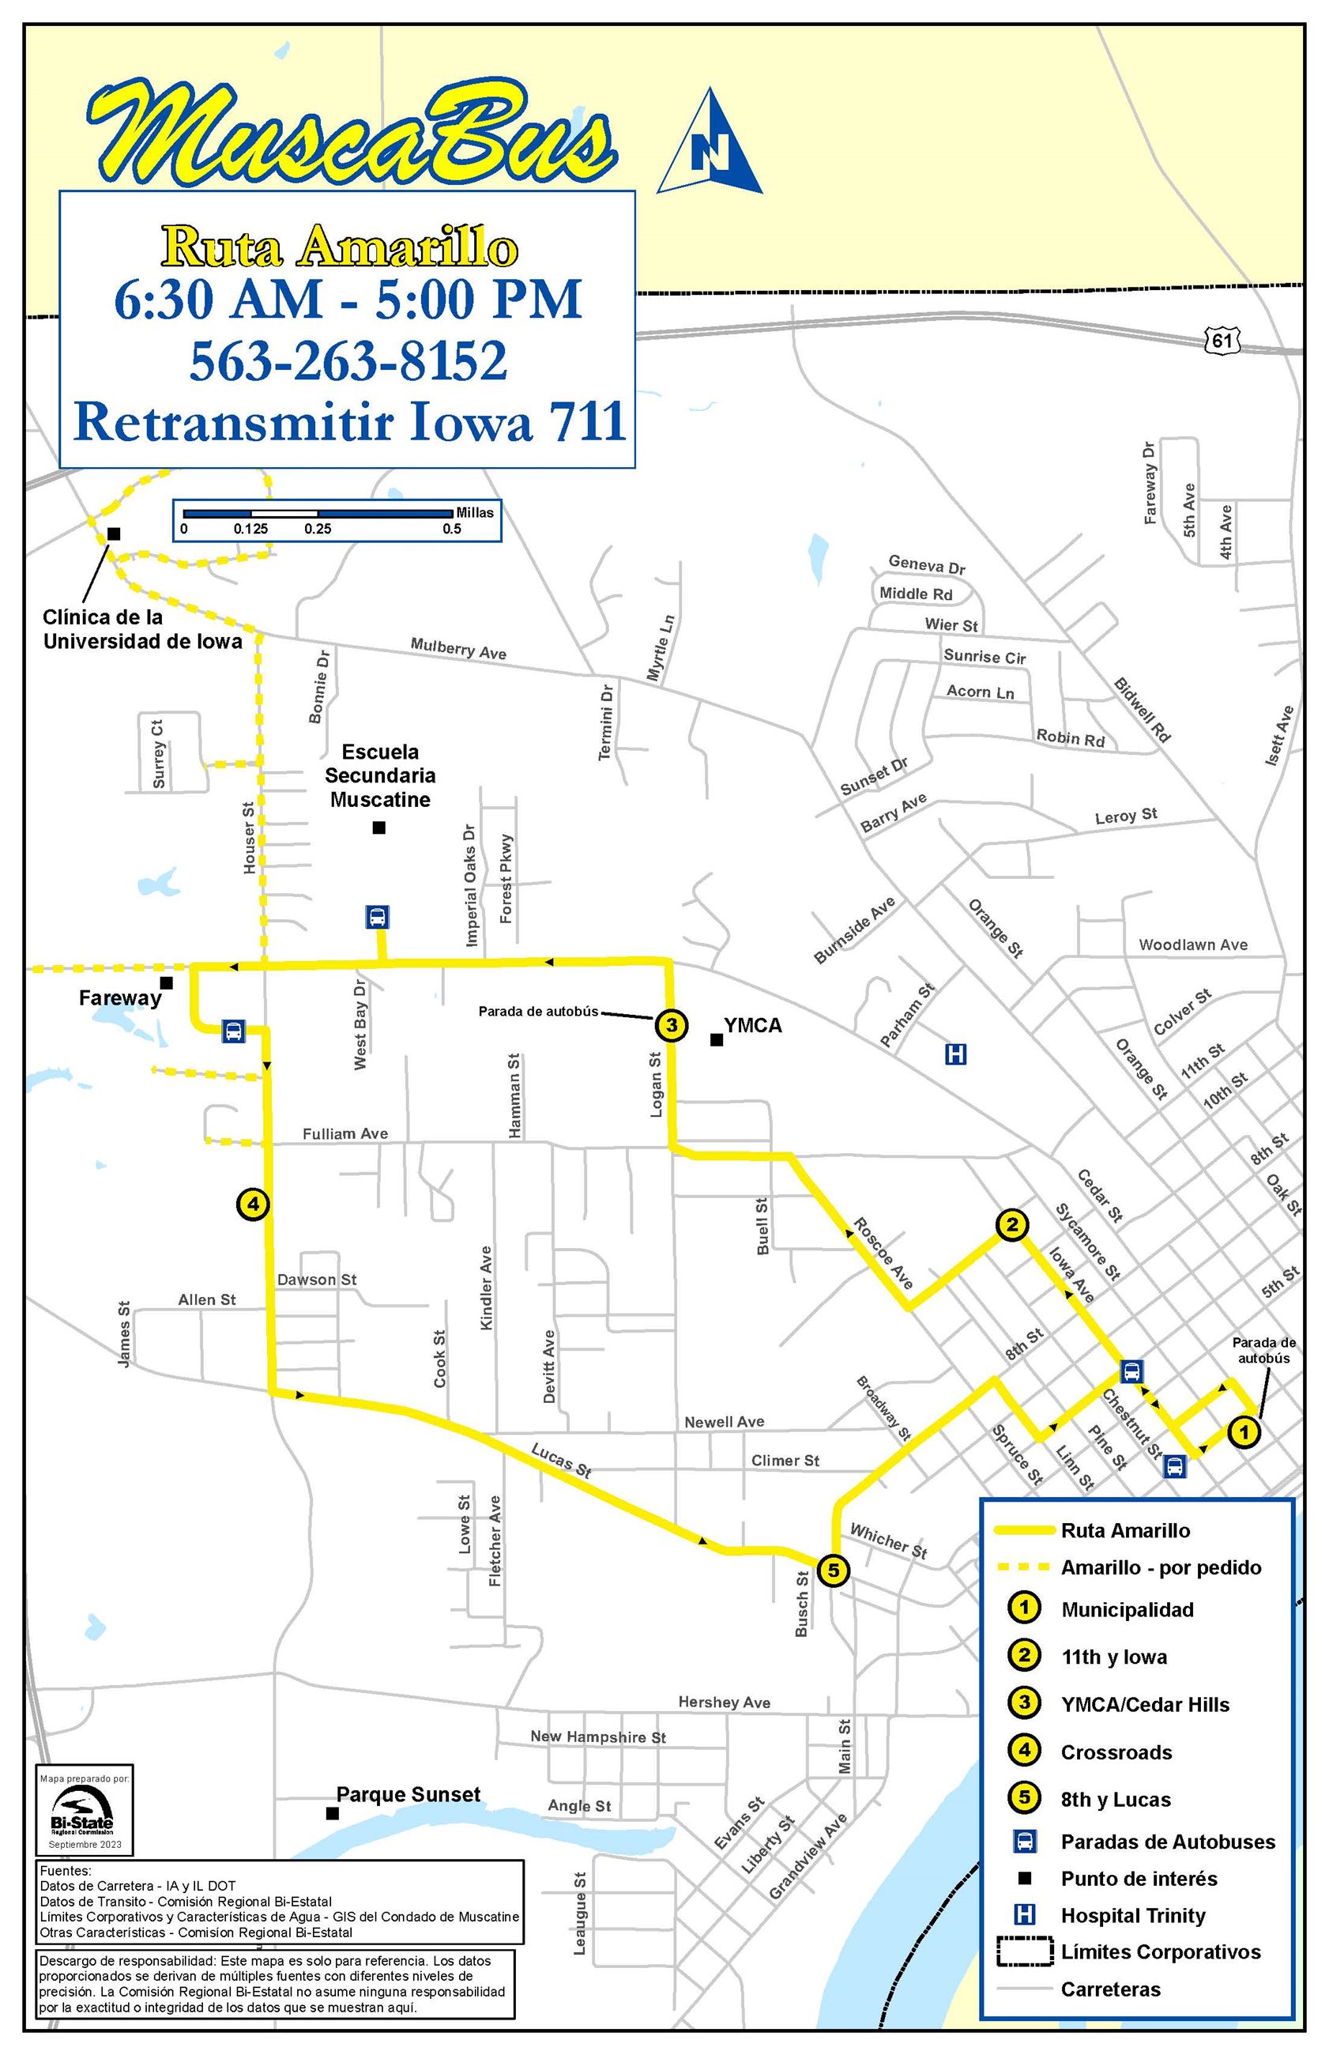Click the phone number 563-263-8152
348,360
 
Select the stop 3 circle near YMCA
672,1025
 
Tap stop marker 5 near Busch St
833,1570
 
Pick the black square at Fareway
167,983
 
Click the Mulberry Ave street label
458,649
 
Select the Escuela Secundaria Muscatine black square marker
378,828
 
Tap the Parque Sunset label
408,1794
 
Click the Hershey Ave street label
724,1702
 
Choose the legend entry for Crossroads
1116,1752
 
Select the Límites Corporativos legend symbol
1024,1951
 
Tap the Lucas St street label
561,1461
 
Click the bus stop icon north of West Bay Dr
377,917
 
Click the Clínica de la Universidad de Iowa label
143,629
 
